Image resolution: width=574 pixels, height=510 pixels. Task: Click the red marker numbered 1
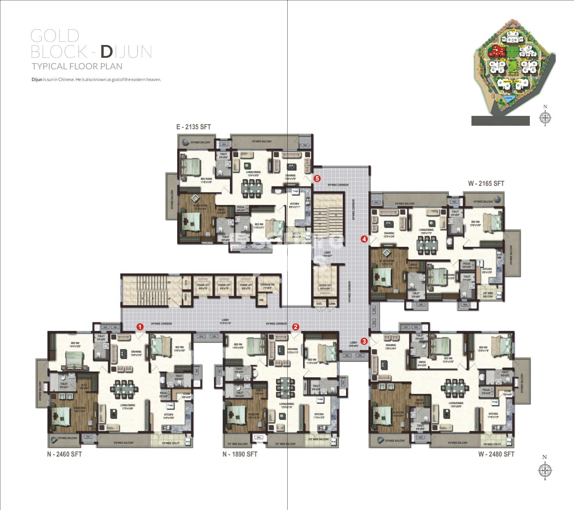pos(140,327)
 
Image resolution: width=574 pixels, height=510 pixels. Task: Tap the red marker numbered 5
pos(317,179)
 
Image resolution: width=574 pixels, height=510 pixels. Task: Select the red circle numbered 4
pos(364,239)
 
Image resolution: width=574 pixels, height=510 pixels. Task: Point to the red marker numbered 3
pos(364,342)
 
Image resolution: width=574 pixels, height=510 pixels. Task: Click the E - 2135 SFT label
pos(193,127)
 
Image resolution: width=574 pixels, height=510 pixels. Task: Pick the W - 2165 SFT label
pos(486,184)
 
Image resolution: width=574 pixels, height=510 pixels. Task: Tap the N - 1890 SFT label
pos(240,454)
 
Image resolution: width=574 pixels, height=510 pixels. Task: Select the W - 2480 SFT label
pos(496,454)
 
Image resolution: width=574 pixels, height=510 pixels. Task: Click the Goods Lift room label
pos(325,287)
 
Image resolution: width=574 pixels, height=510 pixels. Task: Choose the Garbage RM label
pos(267,286)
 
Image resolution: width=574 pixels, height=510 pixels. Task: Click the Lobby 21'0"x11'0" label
pos(225,322)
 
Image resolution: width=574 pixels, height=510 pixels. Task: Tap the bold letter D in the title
pos(107,52)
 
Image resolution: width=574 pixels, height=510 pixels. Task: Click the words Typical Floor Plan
pos(77,67)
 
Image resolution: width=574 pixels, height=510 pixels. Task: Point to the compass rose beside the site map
pos(545,118)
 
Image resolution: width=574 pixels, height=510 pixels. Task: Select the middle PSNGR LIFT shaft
pos(224,287)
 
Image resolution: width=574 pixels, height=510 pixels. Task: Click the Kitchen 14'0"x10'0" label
pos(168,416)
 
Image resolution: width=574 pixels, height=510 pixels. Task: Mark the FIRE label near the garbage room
pos(261,300)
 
